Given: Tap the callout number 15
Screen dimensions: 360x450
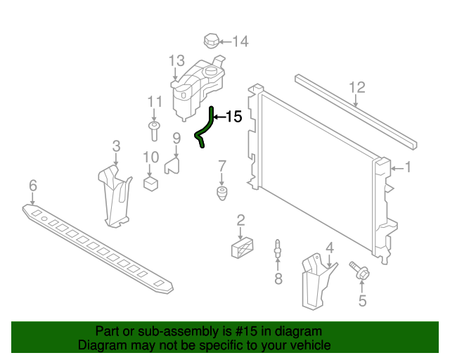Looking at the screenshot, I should [x=233, y=117].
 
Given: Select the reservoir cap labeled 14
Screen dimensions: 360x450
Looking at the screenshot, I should [x=212, y=40].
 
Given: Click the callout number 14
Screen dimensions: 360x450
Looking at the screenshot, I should [x=240, y=41].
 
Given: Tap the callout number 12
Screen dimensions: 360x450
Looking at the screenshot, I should [x=357, y=87].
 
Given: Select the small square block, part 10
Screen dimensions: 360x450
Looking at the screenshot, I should [x=150, y=183].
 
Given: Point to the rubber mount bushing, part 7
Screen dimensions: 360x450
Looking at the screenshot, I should [x=221, y=193].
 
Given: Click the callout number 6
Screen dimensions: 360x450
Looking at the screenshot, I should [x=32, y=186].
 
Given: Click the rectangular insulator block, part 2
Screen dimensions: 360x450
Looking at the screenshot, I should [x=240, y=248].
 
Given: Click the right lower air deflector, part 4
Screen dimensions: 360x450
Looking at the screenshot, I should [x=315, y=281].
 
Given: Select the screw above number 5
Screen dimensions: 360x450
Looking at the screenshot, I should [x=359, y=270].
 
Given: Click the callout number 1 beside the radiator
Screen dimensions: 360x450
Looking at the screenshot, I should [x=407, y=167].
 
